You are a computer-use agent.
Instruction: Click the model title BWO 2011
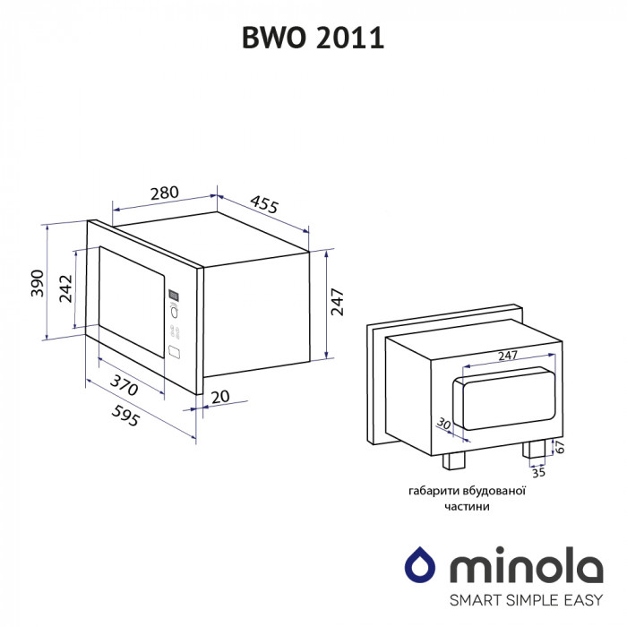coord(313,39)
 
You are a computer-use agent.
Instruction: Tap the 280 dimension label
coord(165,193)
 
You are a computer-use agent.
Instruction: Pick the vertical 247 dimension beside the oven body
coord(338,301)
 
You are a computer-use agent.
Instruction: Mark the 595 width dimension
coord(124,415)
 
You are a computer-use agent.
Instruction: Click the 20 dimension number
coord(220,396)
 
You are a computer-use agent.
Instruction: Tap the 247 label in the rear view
coord(507,356)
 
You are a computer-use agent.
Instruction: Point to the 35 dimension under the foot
coord(537,473)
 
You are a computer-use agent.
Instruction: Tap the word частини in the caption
coord(466,506)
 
